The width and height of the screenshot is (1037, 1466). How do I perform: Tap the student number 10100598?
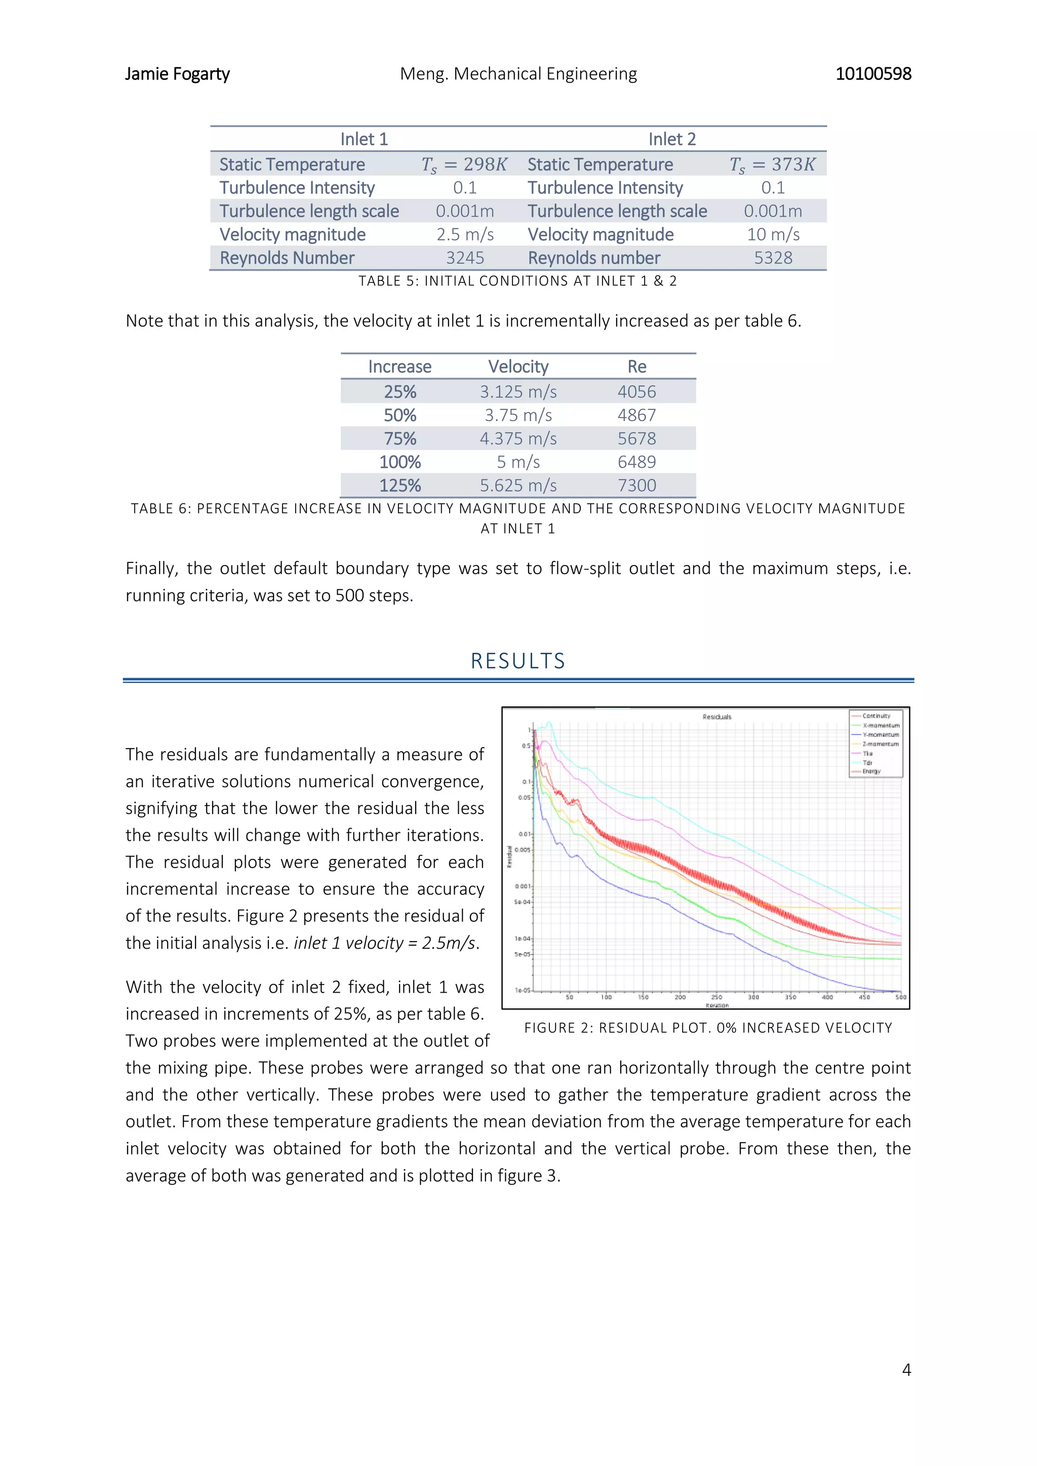coord(873,74)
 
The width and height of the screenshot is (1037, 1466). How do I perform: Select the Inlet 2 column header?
coord(672,139)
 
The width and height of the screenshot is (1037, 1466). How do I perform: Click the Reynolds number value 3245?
coord(465,258)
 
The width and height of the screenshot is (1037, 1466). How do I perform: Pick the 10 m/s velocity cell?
coord(773,234)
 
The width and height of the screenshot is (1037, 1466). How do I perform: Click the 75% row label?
coord(400,439)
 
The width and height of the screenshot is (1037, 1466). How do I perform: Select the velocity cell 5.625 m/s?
coord(518,485)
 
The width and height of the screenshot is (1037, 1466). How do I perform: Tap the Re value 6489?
coord(636,462)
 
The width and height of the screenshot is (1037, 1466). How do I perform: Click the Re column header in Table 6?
coord(636,366)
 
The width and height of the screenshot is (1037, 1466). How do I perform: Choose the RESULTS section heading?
coord(518,661)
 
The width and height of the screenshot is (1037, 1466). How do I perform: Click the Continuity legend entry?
coord(875,716)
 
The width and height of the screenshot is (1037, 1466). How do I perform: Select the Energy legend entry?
coord(871,771)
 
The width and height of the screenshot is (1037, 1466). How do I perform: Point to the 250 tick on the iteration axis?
coord(716,997)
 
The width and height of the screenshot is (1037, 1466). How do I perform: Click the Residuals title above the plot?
coord(716,717)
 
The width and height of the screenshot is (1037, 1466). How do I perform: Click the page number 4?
coord(905,1370)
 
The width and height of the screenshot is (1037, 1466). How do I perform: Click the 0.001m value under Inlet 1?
coord(465,211)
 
